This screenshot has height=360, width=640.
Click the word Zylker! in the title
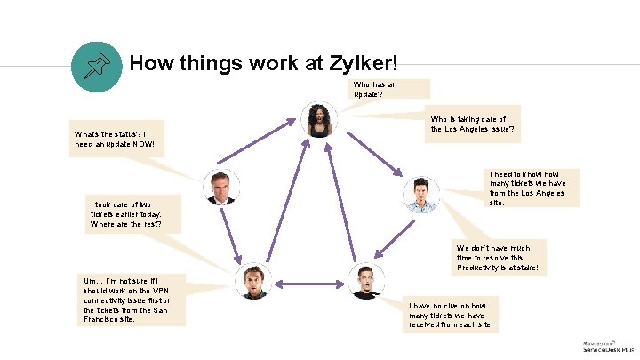(x=354, y=64)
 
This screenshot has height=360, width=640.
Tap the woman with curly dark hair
(x=318, y=119)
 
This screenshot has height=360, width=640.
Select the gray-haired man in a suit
(x=220, y=187)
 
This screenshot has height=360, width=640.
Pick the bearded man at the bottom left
(x=254, y=281)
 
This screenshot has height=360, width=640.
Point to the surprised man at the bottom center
(x=365, y=281)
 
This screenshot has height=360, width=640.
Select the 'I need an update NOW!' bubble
(x=116, y=139)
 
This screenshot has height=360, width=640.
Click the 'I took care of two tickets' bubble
(x=133, y=213)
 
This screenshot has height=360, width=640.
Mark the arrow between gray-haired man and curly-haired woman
(x=266, y=148)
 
